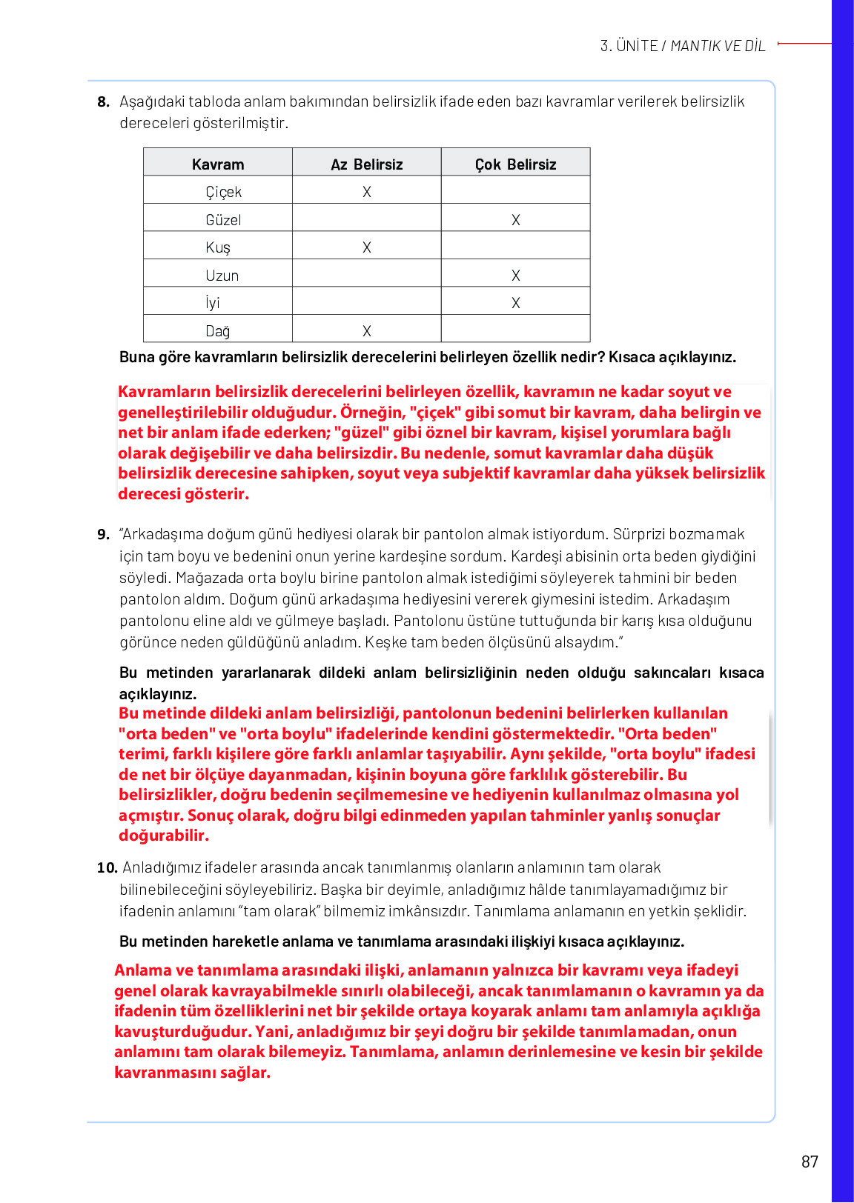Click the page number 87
810,1162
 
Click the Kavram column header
217,164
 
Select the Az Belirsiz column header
366,164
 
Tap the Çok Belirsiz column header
515,164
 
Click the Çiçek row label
223,192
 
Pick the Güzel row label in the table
223,220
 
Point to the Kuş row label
218,247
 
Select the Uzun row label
222,276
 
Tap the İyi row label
213,303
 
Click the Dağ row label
217,331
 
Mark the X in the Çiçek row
366,192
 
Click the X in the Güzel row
515,220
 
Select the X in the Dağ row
366,331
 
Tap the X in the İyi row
515,303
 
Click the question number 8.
103,101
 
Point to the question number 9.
103,534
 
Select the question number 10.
107,867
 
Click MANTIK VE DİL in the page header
718,46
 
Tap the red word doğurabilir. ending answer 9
164,836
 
